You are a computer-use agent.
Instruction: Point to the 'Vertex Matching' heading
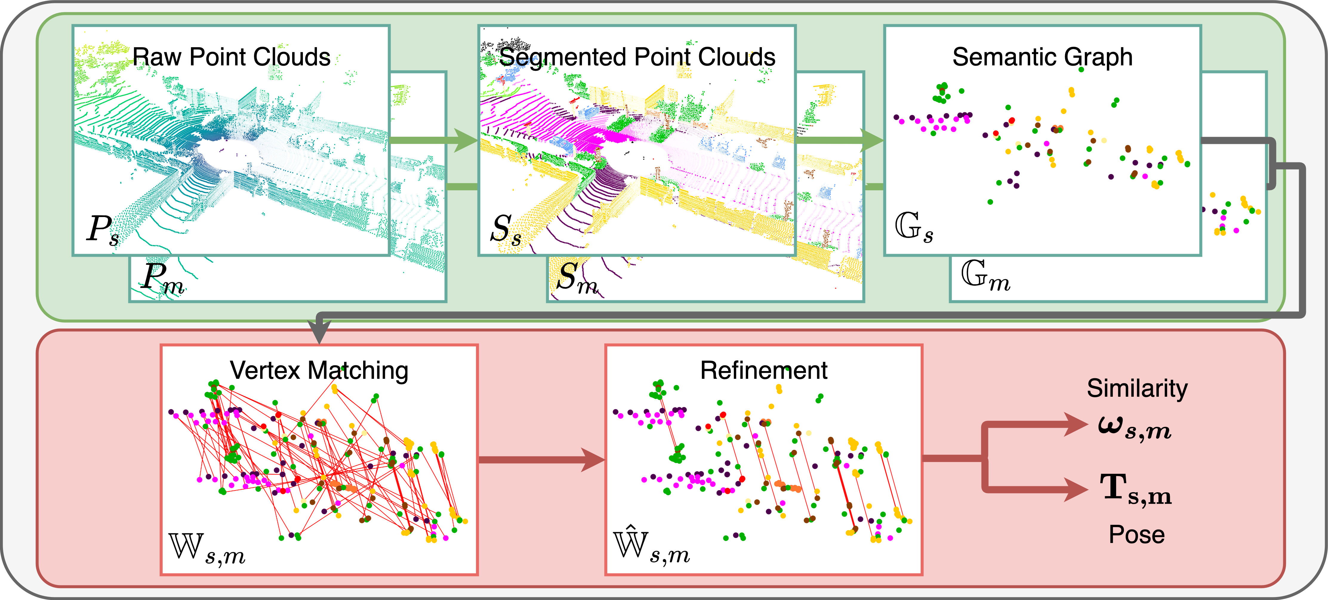[x=319, y=370]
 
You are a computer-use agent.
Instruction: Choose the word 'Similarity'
[x=1137, y=388]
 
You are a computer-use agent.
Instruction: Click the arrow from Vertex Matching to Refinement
[x=541, y=460]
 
